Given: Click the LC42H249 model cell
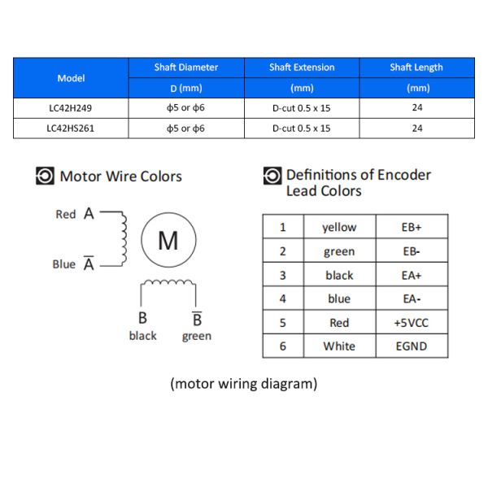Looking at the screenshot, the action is [71, 108].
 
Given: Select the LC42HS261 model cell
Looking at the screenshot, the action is [71, 129].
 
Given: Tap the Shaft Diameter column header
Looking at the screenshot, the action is [186, 68].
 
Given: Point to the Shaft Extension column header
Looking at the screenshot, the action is [302, 68].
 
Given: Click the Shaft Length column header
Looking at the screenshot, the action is [416, 68].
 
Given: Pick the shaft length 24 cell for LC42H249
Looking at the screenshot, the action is [417, 107].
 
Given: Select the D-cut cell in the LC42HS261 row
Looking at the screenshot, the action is [302, 129].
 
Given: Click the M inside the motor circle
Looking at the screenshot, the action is [168, 241].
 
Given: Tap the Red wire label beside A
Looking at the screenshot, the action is [66, 214].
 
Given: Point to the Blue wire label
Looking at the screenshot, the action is [64, 264].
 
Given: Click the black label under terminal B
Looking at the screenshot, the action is [143, 335].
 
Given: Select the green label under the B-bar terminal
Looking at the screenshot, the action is [197, 337].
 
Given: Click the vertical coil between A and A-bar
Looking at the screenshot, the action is [124, 238].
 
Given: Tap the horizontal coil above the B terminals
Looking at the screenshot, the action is [168, 282].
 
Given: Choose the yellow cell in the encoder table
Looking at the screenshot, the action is [339, 227].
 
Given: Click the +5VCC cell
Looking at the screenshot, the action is [412, 322].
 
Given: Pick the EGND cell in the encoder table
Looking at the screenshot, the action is [412, 346].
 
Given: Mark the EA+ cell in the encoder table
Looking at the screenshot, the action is [412, 275].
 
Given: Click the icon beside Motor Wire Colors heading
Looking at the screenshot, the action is [45, 176].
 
